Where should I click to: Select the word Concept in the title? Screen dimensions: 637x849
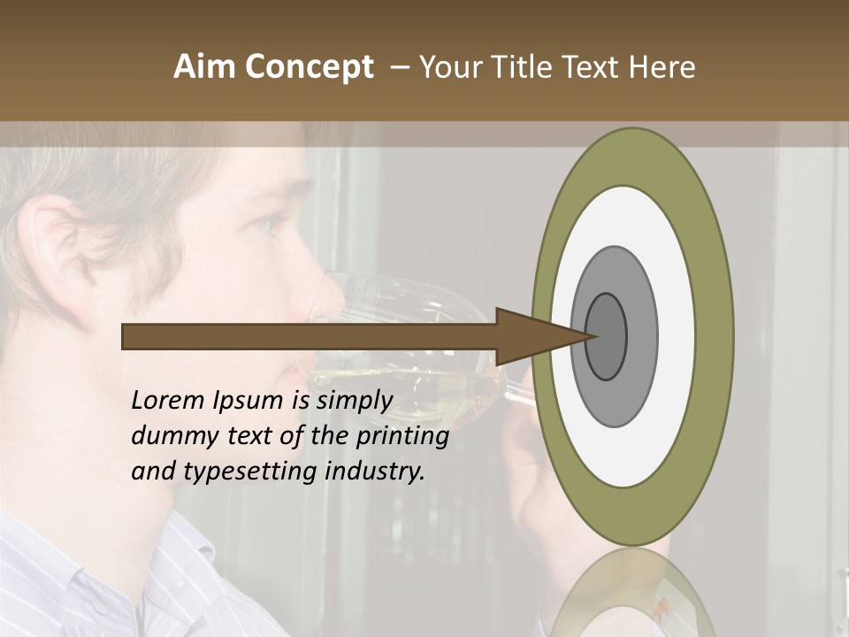(x=309, y=67)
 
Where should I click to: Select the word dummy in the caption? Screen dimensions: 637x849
(x=170, y=436)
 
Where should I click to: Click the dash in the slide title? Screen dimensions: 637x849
(x=399, y=67)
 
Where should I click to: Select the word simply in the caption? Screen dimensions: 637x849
(x=354, y=401)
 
